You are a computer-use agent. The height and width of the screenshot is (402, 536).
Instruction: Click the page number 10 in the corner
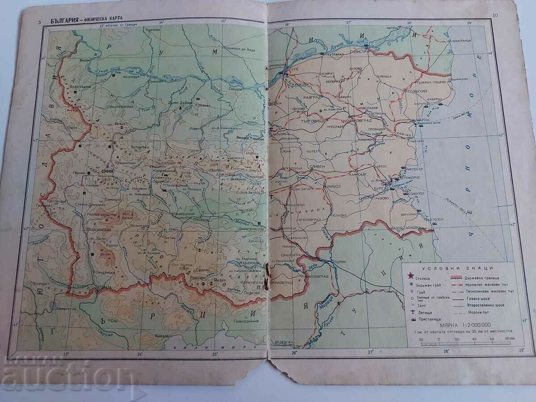click(x=495, y=16)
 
